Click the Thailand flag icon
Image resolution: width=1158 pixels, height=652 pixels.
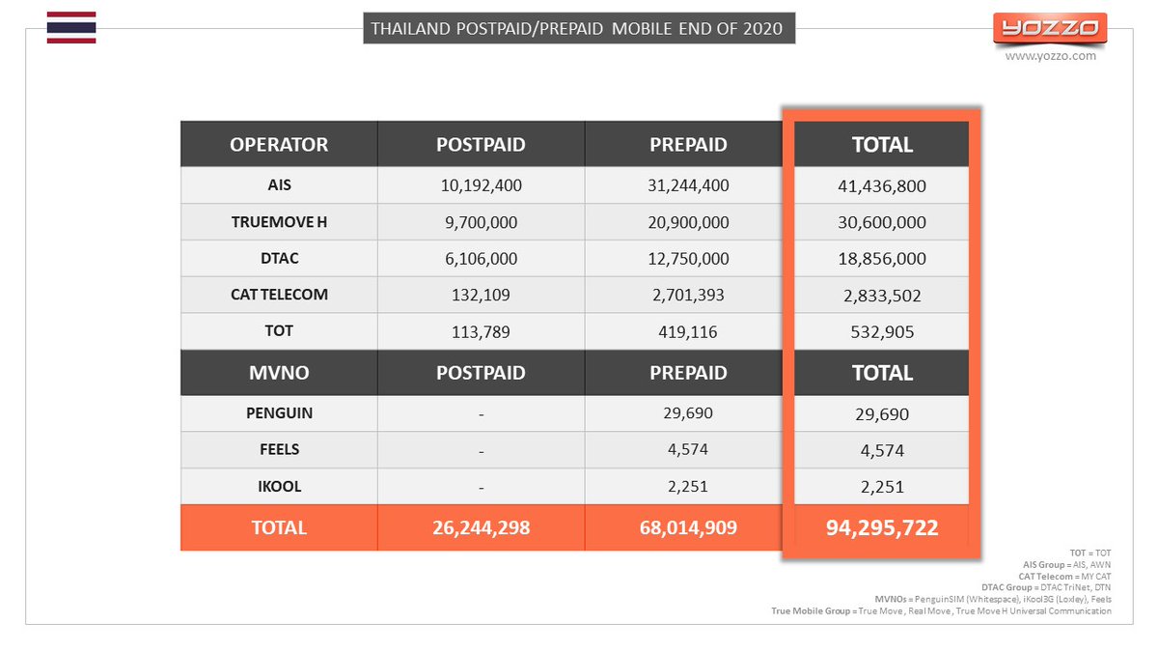(x=71, y=27)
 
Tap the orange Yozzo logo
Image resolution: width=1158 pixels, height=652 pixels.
(x=1050, y=28)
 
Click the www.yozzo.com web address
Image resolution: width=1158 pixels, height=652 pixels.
(x=1050, y=56)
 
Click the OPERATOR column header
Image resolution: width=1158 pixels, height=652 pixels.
(x=279, y=144)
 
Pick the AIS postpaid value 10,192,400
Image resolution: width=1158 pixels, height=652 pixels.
(x=481, y=185)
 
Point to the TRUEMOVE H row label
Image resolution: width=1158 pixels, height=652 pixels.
(x=279, y=222)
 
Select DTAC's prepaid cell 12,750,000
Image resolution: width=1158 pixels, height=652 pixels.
(x=688, y=258)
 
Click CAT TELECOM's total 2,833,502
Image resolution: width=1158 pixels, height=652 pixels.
(x=882, y=296)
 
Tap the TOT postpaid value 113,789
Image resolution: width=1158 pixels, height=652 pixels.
(x=481, y=331)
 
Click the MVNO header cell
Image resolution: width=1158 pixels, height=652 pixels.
(x=279, y=373)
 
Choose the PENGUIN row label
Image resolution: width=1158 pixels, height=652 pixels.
(x=279, y=413)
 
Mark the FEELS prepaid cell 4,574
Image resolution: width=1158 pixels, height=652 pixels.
(x=687, y=449)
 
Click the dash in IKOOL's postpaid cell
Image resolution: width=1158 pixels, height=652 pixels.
(x=481, y=488)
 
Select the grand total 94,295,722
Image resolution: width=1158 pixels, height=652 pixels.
(x=882, y=527)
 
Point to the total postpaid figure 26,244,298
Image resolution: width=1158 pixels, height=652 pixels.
(x=481, y=527)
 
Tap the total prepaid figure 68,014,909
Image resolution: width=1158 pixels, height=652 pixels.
(x=688, y=527)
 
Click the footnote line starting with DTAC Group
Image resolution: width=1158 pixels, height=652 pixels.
(x=1046, y=587)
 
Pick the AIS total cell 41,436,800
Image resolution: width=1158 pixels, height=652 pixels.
(x=882, y=185)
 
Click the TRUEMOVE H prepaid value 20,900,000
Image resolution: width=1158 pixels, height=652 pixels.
(x=688, y=222)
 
